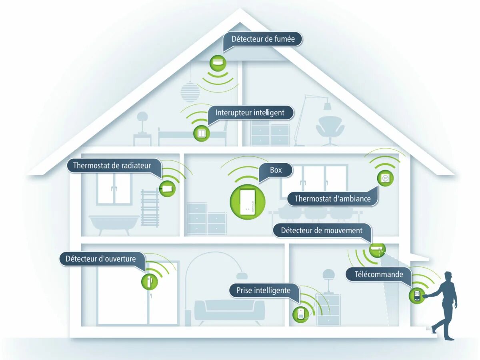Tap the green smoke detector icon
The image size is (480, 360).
[x=218, y=63]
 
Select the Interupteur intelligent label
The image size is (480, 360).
[x=250, y=112]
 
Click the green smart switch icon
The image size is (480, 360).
[x=201, y=133]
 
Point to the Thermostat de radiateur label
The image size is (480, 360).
[x=112, y=165]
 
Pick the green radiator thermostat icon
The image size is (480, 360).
[x=167, y=188]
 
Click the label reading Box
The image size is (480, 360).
[x=276, y=170]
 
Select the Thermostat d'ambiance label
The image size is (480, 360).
[x=332, y=198]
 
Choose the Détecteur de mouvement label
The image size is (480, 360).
[x=322, y=230]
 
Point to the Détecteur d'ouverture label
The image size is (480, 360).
[x=101, y=258]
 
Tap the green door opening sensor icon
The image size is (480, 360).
[x=149, y=281]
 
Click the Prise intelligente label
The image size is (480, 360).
[x=264, y=290]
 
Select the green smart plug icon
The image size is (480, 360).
[x=300, y=314]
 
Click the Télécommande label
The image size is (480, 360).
[x=379, y=274]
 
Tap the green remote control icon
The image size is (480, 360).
[x=416, y=296]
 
